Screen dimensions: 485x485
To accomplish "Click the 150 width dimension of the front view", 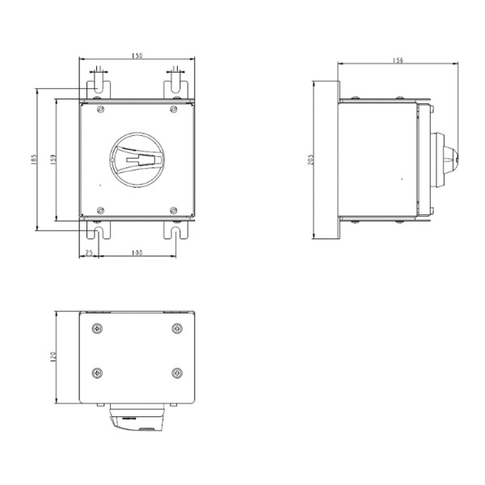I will click(137, 56).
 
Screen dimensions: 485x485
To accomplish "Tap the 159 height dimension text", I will click(53, 160).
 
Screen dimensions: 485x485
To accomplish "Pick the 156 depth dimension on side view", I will click(398, 60).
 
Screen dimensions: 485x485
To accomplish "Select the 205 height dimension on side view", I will click(311, 160).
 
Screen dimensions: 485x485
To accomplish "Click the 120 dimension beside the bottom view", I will click(53, 356).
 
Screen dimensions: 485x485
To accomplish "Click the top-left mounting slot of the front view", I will click(98, 85).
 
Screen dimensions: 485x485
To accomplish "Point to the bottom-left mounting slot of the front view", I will click(98, 231).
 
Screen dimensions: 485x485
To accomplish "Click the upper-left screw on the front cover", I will click(99, 109).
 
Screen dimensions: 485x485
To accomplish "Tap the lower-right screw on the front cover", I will click(175, 211).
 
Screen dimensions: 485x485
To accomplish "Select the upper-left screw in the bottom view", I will click(97, 328).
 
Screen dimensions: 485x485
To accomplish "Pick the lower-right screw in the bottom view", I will click(177, 373).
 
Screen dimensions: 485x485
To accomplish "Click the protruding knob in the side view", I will click(446, 160).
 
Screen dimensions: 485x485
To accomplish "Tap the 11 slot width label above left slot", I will click(98, 70).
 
